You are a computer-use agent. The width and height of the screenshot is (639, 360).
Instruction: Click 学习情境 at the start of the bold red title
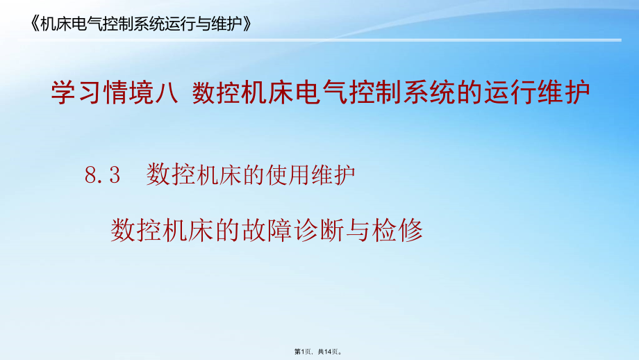click(x=95, y=93)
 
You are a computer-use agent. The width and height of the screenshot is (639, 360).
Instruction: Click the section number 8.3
click(x=103, y=176)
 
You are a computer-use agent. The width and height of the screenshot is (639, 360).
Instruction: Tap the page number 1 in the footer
click(x=304, y=353)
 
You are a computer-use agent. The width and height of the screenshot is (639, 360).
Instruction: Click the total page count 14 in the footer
click(x=329, y=353)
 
